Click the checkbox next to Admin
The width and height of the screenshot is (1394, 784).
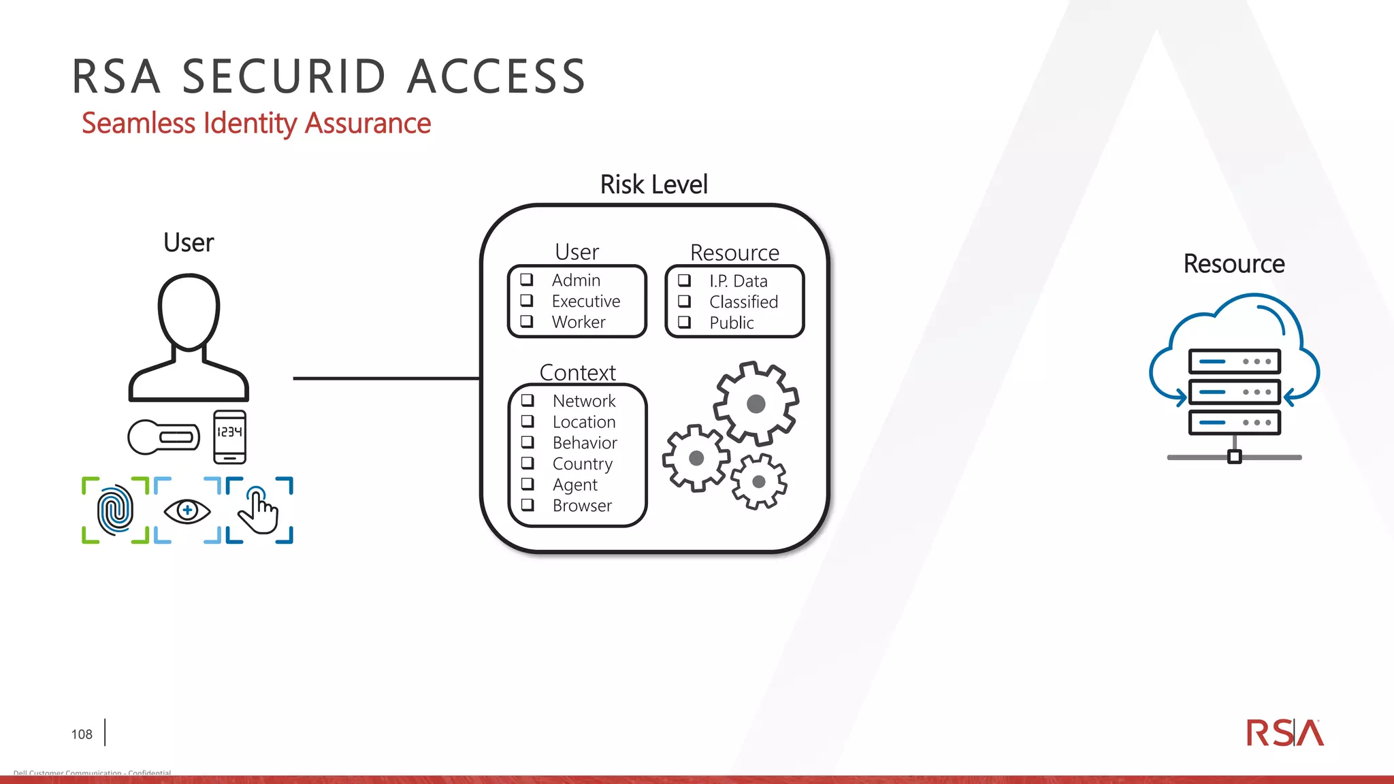click(527, 280)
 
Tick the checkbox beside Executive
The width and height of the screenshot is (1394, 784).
click(527, 301)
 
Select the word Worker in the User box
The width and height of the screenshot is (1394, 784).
click(579, 322)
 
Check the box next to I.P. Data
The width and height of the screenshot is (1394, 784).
click(685, 280)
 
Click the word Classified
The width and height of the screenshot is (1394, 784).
click(743, 301)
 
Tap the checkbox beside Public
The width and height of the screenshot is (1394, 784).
click(685, 323)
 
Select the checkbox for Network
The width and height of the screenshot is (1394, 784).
click(528, 400)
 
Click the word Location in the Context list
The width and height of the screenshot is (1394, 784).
click(584, 422)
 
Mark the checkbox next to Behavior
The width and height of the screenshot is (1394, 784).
click(528, 442)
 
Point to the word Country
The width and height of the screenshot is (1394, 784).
click(583, 464)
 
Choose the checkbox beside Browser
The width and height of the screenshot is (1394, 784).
click(528, 505)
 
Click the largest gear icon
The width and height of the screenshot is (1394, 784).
click(756, 404)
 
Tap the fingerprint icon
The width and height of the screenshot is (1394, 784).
click(115, 510)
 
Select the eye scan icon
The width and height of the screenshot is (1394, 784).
click(187, 510)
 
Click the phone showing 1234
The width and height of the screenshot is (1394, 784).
click(230, 437)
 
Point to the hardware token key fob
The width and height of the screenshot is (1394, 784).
click(164, 437)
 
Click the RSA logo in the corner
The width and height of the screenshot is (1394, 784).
click(1284, 733)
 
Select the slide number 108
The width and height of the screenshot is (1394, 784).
click(82, 734)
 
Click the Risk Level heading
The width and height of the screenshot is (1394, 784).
click(653, 184)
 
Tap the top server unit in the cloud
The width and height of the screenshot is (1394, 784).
click(1234, 361)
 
